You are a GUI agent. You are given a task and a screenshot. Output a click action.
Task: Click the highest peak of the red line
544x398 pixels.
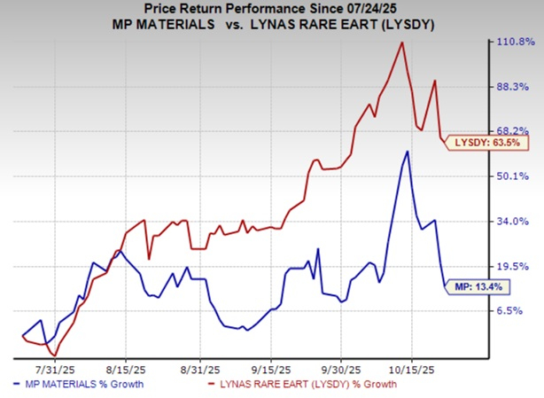coord(403,42)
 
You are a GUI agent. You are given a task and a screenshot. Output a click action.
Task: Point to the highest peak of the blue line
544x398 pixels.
coord(407,152)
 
